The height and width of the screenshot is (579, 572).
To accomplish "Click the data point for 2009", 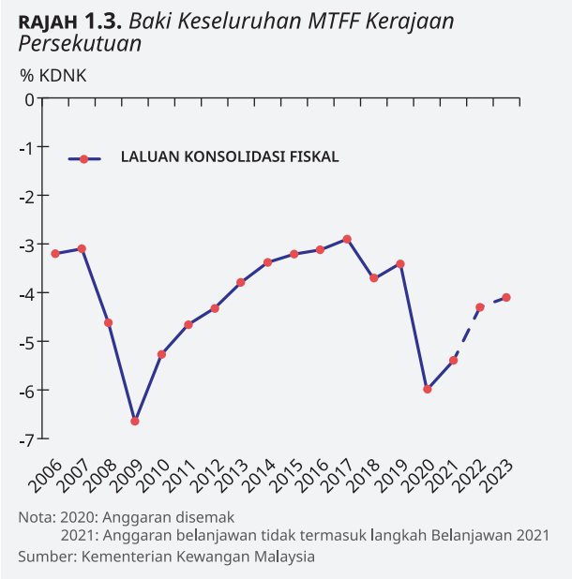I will [135, 421].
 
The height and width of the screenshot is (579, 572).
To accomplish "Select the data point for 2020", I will [427, 389].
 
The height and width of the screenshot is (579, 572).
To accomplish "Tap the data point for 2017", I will [347, 239].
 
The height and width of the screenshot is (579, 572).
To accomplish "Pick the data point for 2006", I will [55, 253].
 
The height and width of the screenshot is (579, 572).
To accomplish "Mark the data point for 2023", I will [506, 297].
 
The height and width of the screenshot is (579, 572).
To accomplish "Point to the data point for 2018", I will [373, 278].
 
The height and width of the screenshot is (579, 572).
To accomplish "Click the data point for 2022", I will [480, 306].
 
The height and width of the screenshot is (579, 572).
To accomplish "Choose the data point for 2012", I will [215, 308].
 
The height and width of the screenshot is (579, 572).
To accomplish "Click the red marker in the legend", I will [83, 159].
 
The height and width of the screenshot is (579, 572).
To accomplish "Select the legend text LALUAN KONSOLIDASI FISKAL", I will [230, 157].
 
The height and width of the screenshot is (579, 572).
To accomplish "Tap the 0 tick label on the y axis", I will [29, 98].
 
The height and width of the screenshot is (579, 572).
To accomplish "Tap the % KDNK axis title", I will [53, 76].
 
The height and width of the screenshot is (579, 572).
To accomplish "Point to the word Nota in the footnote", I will [36, 516].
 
